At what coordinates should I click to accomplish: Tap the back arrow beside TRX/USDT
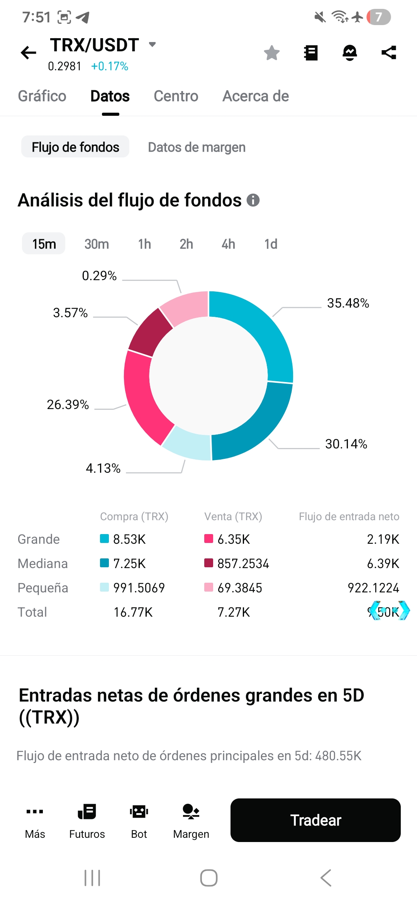(x=29, y=52)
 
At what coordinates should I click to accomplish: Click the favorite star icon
(x=272, y=53)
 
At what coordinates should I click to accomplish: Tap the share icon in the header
(x=389, y=52)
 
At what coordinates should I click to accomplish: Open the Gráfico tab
(x=42, y=96)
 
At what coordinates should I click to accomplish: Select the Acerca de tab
(x=256, y=96)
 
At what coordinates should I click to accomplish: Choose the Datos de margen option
(x=197, y=147)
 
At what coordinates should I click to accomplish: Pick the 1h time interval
(x=144, y=244)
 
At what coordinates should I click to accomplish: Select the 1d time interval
(x=271, y=244)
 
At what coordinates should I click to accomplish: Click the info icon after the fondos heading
(x=253, y=200)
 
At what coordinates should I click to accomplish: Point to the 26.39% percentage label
(x=68, y=404)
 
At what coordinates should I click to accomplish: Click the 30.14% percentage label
(x=346, y=444)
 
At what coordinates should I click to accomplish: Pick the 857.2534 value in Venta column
(x=243, y=563)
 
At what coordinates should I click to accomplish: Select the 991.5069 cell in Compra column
(x=139, y=588)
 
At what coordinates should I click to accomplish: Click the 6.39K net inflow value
(x=383, y=563)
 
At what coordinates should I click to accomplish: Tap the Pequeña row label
(x=43, y=588)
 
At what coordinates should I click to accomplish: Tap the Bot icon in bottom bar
(x=139, y=812)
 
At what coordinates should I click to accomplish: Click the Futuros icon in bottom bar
(x=87, y=812)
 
